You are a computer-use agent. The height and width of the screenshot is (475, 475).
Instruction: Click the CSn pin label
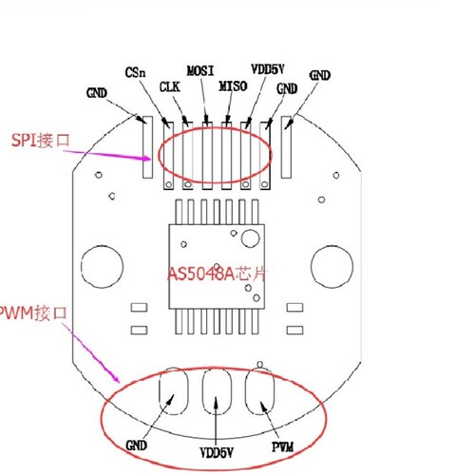tap(135, 71)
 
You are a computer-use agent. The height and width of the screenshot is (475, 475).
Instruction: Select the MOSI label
tap(199, 70)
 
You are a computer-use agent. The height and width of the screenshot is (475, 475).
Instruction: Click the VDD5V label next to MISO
tap(269, 69)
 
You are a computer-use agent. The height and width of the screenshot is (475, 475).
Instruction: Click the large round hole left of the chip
tap(100, 260)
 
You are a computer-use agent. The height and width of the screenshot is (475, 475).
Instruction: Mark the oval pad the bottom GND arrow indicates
tap(175, 389)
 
